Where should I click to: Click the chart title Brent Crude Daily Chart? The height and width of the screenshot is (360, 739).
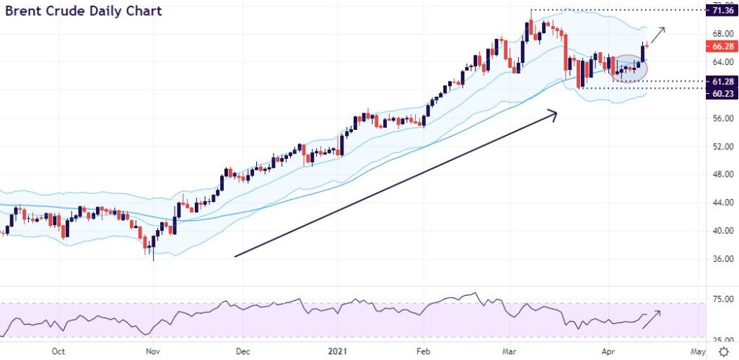pos(84,12)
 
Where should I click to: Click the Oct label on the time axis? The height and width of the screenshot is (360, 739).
pos(59,351)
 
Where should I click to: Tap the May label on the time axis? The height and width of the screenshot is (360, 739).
pos(697,351)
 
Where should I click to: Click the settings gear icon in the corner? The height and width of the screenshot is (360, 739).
pos(724,351)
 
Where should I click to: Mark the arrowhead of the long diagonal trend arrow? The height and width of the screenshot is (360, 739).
pos(553,113)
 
